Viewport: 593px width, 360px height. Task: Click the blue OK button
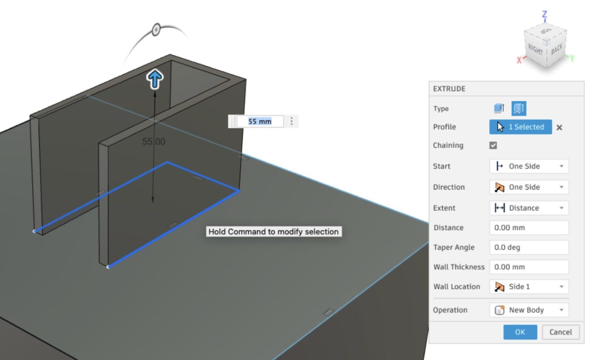click(520, 332)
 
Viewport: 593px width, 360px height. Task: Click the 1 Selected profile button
click(520, 127)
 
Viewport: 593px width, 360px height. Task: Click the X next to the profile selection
click(559, 127)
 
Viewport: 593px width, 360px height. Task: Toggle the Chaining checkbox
click(493, 145)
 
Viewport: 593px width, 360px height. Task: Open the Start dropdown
click(529, 166)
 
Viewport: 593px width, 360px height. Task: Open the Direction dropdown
click(529, 187)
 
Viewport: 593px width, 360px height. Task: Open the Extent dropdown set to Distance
click(529, 208)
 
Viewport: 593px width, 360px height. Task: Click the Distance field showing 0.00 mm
click(529, 228)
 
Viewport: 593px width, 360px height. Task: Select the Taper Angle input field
click(529, 248)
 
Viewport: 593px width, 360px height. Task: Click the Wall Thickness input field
click(529, 267)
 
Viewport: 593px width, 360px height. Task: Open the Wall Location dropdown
click(529, 287)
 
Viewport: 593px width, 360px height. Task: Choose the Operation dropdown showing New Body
click(529, 310)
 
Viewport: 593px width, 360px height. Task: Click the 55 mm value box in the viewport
click(260, 122)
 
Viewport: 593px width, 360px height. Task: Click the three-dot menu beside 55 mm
click(291, 122)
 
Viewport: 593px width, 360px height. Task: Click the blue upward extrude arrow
click(155, 79)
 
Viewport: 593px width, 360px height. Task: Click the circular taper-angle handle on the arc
click(156, 30)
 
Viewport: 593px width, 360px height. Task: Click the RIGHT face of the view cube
click(535, 49)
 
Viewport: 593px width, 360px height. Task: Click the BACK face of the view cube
click(557, 49)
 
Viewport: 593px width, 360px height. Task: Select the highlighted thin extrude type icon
click(518, 109)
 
